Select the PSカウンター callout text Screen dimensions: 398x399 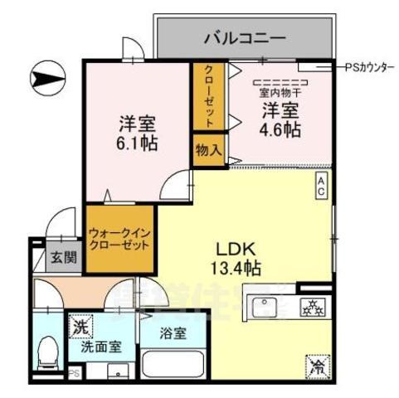pos(369,68)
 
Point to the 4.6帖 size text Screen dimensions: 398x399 pos(282,130)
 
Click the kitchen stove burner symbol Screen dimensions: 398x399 pos(314,307)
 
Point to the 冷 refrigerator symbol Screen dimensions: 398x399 pos(316,362)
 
